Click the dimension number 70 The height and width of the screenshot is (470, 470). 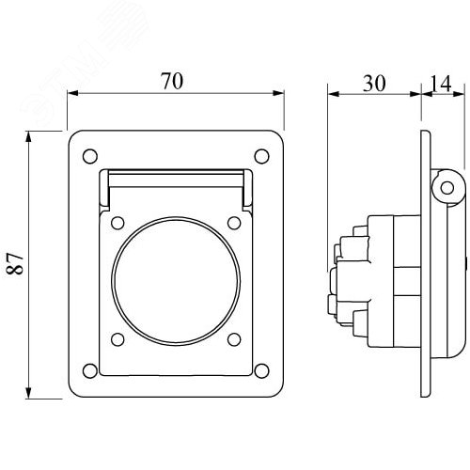tap(172, 81)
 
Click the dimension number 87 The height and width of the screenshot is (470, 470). tap(15, 264)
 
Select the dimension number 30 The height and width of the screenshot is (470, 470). tap(374, 84)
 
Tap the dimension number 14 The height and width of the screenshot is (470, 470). tap(441, 84)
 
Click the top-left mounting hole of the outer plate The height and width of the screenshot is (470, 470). tap(90, 156)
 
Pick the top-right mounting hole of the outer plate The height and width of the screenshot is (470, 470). tap(261, 156)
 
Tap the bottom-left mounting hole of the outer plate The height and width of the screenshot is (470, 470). tap(90, 371)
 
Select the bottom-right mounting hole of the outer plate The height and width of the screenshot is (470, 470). tap(261, 371)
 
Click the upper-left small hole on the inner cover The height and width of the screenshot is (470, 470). tap(117, 223)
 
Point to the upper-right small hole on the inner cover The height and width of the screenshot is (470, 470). tap(234, 223)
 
